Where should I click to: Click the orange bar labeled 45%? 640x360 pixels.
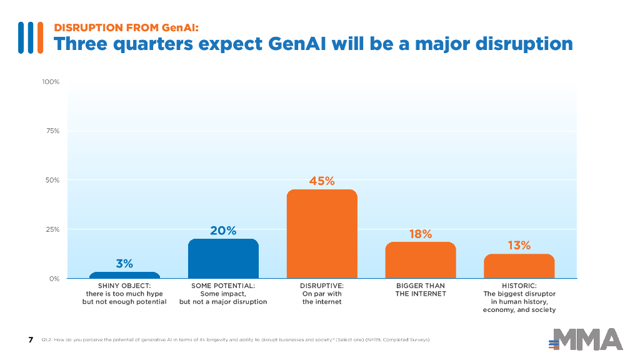(x=322, y=234)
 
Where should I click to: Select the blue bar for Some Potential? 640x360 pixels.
(x=223, y=258)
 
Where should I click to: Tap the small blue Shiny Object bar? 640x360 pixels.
(x=124, y=275)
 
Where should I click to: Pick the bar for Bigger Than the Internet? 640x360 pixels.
(x=421, y=260)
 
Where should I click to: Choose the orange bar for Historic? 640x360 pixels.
(x=519, y=266)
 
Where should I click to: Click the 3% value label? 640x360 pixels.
(x=124, y=264)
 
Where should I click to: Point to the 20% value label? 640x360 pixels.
(x=223, y=231)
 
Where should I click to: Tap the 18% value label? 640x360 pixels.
(x=421, y=234)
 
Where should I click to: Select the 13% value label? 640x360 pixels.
(x=519, y=246)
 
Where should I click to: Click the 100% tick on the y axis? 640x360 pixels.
(x=51, y=82)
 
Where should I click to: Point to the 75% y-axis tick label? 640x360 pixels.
(x=52, y=131)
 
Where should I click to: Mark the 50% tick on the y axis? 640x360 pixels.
(x=52, y=180)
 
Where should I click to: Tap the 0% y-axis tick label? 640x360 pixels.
(x=54, y=278)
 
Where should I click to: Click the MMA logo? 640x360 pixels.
(x=586, y=339)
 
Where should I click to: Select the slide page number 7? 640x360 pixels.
(x=31, y=339)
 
